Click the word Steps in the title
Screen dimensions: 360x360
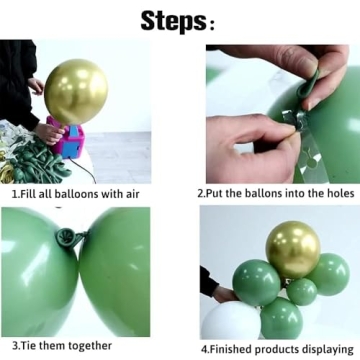point(172,19)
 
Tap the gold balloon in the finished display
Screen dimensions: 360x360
point(292,249)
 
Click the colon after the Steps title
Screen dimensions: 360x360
point(211,21)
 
